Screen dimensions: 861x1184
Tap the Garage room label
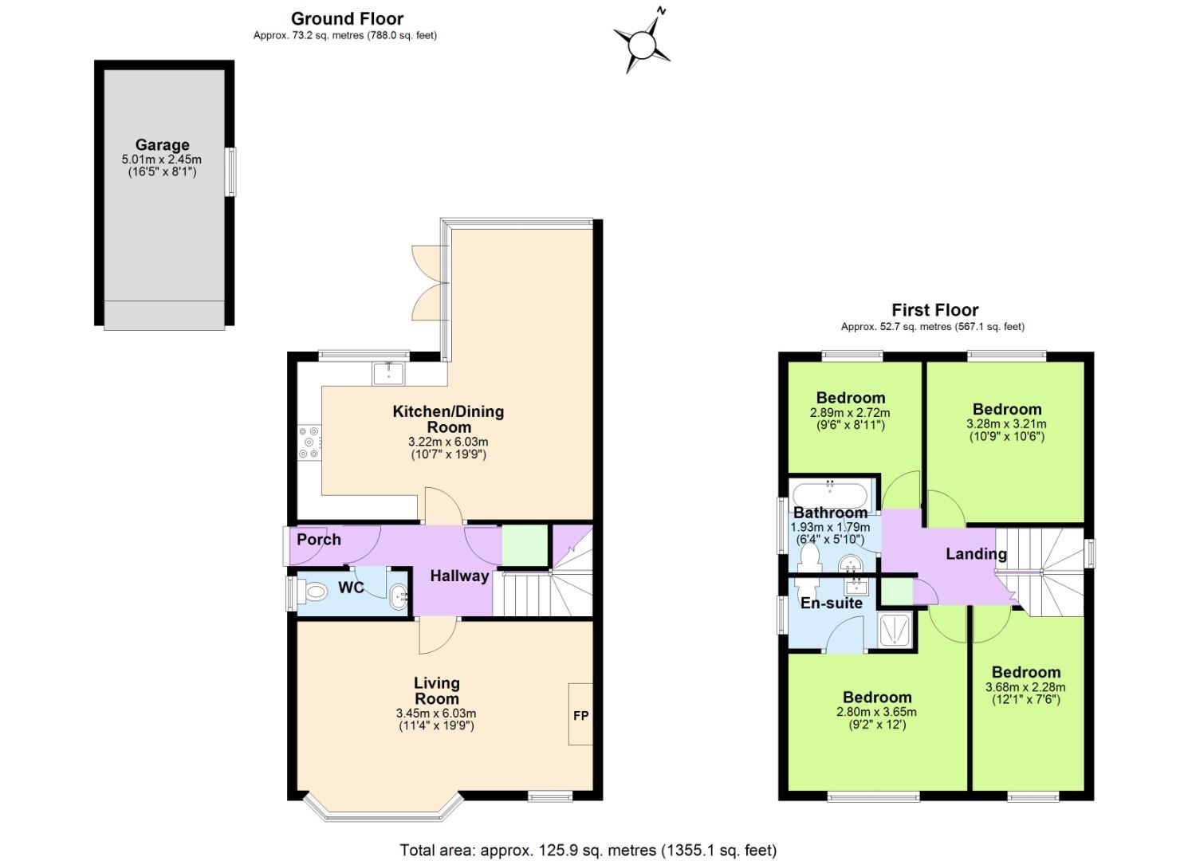click(x=162, y=145)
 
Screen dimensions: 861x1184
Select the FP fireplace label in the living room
click(x=580, y=715)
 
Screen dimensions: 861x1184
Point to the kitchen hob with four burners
click(x=309, y=443)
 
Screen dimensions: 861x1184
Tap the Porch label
click(x=319, y=540)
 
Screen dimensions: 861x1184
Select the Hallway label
click(x=459, y=576)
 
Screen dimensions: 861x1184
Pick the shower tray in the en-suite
click(x=898, y=631)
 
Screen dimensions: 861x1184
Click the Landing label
click(x=976, y=553)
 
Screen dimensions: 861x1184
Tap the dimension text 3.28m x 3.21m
click(x=1006, y=424)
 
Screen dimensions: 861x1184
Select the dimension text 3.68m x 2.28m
click(x=1025, y=687)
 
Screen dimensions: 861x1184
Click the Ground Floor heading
click(x=347, y=18)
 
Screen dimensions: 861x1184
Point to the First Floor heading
click(x=934, y=310)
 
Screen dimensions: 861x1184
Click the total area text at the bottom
click(x=588, y=850)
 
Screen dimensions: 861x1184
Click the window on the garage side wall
click(x=231, y=171)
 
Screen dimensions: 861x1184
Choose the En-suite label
click(x=832, y=603)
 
